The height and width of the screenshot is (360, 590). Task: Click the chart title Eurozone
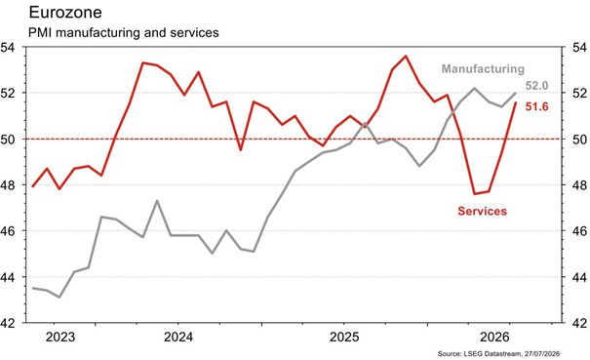65,13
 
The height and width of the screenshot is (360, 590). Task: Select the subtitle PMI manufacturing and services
124,32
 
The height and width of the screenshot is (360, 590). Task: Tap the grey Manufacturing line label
483,69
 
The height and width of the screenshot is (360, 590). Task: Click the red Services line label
482,211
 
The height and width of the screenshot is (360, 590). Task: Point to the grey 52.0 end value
537,86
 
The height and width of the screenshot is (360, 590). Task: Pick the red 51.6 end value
537,107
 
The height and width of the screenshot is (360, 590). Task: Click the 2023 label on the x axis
60,337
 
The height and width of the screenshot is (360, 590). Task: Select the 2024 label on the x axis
178,337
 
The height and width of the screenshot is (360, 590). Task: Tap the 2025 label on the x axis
344,337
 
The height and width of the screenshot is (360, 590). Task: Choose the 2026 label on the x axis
494,337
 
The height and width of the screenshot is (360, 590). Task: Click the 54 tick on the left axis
8,48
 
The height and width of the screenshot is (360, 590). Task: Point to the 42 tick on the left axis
8,323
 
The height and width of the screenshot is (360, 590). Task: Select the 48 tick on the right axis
579,185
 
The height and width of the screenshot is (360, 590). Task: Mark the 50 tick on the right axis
579,140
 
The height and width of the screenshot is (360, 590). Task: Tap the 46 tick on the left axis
8,231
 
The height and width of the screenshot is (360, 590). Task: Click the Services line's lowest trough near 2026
474,194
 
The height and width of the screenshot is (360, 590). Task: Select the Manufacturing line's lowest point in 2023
59,298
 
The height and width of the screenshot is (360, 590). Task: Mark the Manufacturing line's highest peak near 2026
474,88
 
